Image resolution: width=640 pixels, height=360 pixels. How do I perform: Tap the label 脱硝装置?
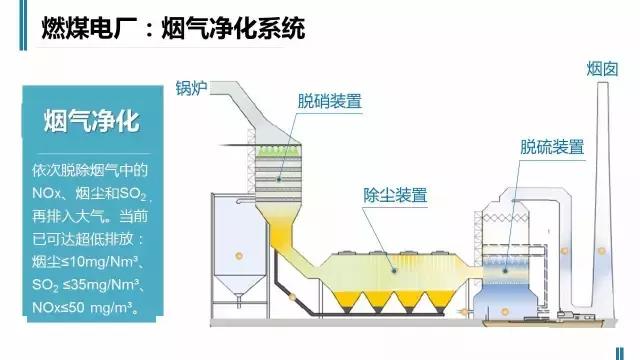[x=329, y=100]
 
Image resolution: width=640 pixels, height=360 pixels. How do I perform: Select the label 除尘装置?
[x=396, y=194]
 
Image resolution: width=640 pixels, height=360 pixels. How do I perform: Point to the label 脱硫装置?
[x=551, y=146]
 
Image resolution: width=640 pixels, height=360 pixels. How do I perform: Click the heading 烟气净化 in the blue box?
[x=91, y=121]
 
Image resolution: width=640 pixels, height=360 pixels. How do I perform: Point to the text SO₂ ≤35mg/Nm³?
[x=91, y=286]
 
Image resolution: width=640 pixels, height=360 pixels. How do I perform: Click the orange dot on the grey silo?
[x=239, y=256]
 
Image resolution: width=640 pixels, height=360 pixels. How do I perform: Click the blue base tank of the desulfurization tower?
[x=510, y=300]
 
